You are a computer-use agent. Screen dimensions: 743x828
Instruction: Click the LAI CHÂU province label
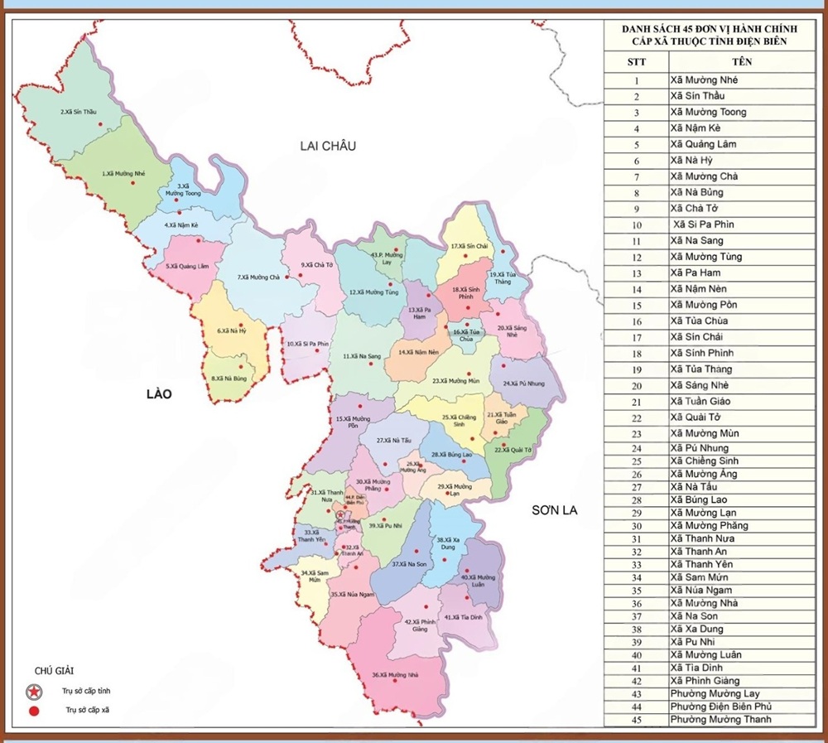point(327,146)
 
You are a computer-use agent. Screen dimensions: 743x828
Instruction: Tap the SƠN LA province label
point(555,511)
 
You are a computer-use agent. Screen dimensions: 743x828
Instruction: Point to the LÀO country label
point(156,394)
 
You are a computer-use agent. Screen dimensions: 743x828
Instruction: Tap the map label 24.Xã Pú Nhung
point(523,384)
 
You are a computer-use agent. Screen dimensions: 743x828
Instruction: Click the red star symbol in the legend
point(34,691)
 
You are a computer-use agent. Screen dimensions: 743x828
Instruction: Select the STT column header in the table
point(636,62)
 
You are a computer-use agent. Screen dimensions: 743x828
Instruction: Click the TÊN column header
point(741,62)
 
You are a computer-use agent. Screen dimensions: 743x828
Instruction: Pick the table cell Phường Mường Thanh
point(720,719)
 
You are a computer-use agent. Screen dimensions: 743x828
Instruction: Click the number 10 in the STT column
point(636,224)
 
